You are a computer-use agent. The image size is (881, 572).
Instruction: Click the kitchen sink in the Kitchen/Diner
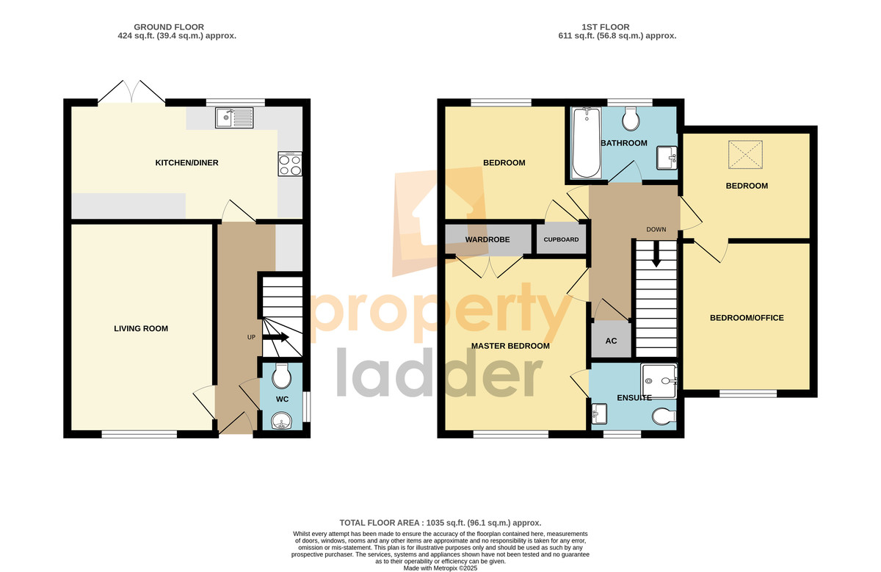(x=234, y=117)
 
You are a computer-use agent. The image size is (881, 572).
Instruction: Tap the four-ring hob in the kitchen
(x=290, y=164)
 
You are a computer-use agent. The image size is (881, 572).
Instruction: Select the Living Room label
(x=141, y=328)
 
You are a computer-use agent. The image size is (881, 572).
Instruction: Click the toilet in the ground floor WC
(x=282, y=375)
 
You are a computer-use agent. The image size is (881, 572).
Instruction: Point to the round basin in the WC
(x=282, y=421)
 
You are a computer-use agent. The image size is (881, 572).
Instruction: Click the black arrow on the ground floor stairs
(x=276, y=337)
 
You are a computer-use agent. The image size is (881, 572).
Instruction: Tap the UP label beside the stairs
(x=251, y=337)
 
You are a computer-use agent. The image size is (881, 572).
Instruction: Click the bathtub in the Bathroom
(x=587, y=142)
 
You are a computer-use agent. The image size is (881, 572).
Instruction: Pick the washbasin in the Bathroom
(x=667, y=157)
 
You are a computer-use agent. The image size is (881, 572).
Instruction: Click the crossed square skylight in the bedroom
(x=745, y=155)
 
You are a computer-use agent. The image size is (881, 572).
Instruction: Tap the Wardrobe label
(x=487, y=239)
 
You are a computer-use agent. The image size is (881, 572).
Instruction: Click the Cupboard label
(x=561, y=239)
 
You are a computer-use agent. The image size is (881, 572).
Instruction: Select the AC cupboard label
(x=611, y=341)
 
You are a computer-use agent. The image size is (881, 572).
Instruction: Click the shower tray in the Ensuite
(x=659, y=381)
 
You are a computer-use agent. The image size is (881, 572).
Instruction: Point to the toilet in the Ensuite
(x=664, y=416)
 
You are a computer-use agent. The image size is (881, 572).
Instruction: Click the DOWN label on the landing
(x=656, y=229)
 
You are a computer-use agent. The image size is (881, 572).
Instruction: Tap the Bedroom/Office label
(x=747, y=318)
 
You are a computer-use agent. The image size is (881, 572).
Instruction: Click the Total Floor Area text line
(x=440, y=523)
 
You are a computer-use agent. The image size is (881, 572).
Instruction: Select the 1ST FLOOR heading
(x=605, y=27)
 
